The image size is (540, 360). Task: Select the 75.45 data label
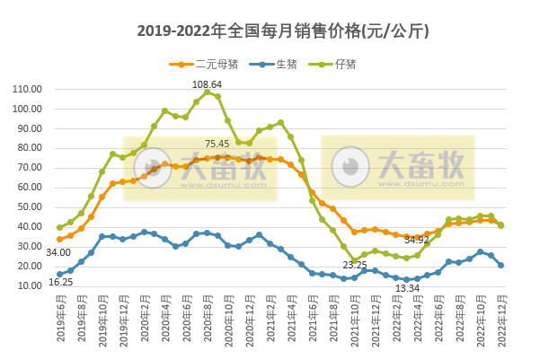point(217,144)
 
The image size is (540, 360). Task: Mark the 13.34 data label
point(407,288)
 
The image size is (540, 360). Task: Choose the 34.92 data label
point(416,240)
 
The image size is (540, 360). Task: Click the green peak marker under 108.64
point(207,92)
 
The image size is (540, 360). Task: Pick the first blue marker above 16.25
point(59,274)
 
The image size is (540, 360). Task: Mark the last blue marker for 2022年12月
point(500,265)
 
